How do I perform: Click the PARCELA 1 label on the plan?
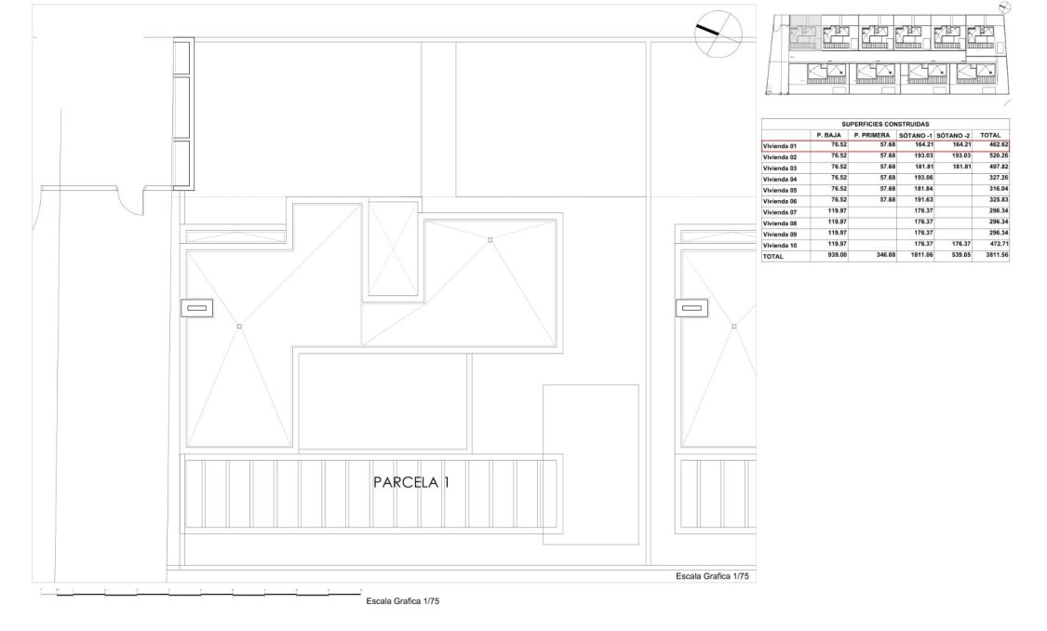point(410,483)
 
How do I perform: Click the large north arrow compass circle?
point(718,34)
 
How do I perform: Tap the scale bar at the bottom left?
point(201,592)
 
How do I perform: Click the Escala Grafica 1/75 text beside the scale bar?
point(402,602)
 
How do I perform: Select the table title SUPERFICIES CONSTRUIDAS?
point(885,124)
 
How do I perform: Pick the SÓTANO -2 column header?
point(953,135)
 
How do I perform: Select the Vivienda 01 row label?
point(780,146)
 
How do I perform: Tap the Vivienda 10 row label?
point(780,245)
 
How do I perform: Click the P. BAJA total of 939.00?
point(829,256)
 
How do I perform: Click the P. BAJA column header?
point(828,135)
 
